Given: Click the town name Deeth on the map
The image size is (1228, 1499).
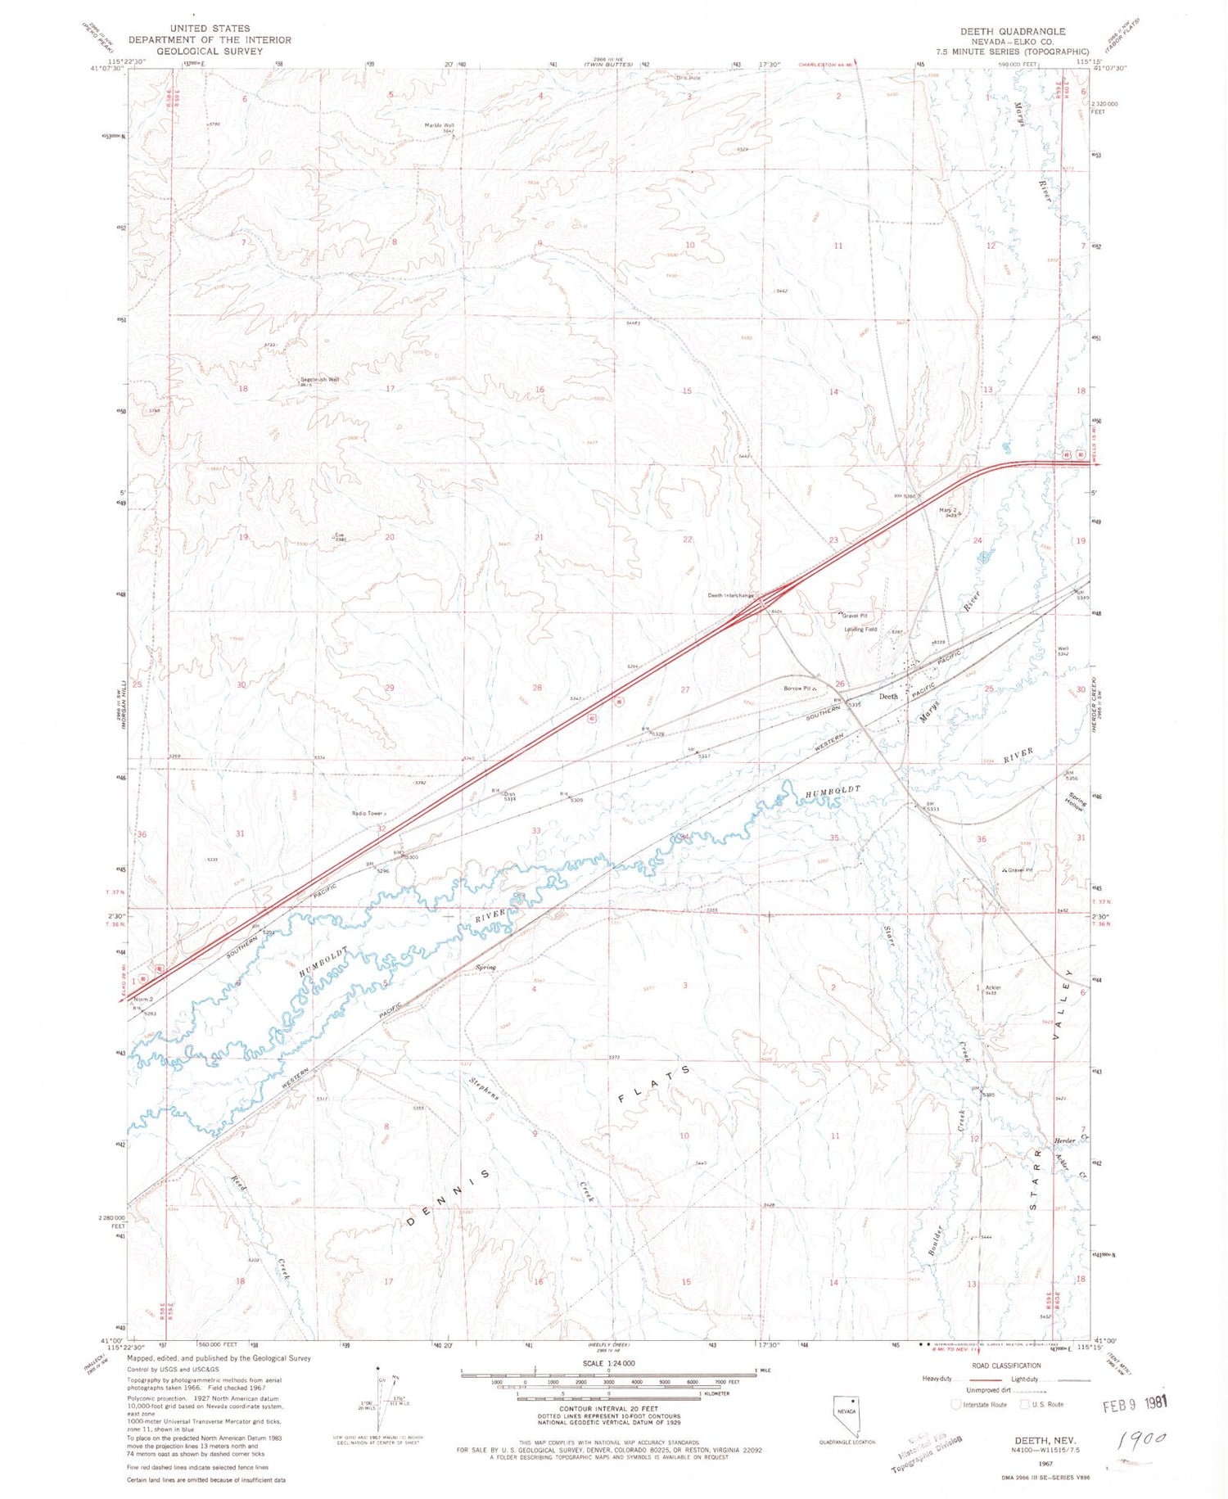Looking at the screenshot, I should [x=887, y=696].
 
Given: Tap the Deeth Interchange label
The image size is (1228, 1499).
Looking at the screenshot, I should [x=730, y=595].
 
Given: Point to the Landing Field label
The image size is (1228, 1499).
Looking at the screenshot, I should [x=860, y=630].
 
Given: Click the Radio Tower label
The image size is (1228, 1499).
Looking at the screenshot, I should [x=368, y=813].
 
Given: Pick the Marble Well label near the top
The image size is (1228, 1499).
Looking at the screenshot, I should [x=439, y=125].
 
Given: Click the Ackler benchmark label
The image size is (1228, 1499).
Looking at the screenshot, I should [x=993, y=987].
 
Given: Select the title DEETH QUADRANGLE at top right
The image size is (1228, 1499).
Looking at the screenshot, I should [x=1013, y=31].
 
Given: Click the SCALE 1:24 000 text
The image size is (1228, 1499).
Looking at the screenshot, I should [x=608, y=1363].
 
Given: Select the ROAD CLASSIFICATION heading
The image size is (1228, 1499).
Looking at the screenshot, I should [x=1005, y=1365].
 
